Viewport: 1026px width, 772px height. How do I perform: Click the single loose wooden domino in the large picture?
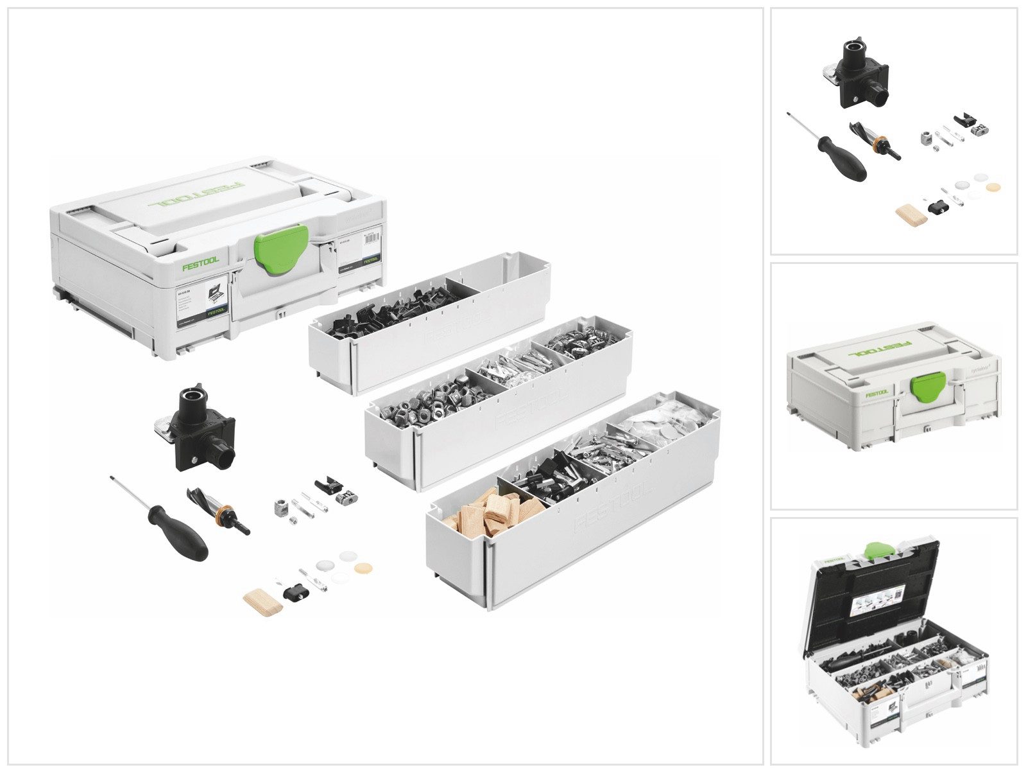tap(262, 601)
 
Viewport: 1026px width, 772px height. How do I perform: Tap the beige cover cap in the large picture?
tap(363, 569)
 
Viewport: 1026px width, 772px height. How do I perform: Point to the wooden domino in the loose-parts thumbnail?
tap(911, 215)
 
